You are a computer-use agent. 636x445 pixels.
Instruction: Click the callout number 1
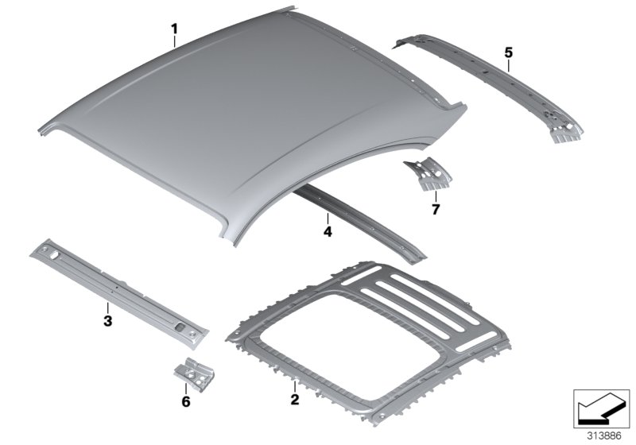click(174, 29)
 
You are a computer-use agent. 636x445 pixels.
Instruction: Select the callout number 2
click(295, 400)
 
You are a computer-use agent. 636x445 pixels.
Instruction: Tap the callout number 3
click(107, 321)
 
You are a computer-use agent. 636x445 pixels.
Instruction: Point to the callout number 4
click(328, 232)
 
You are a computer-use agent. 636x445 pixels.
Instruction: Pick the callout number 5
click(509, 52)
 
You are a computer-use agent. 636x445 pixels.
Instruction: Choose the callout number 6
click(186, 401)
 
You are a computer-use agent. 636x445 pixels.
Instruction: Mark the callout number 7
click(436, 210)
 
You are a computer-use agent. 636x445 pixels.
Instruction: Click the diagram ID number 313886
click(604, 436)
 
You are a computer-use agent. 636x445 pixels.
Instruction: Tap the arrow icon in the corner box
click(601, 408)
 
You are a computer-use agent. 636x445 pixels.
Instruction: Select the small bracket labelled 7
click(428, 174)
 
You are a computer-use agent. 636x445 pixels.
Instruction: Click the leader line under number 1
click(174, 42)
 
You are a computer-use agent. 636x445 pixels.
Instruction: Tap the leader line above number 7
click(436, 196)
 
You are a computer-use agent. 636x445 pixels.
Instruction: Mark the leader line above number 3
click(107, 308)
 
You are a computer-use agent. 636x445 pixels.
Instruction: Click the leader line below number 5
click(509, 65)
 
